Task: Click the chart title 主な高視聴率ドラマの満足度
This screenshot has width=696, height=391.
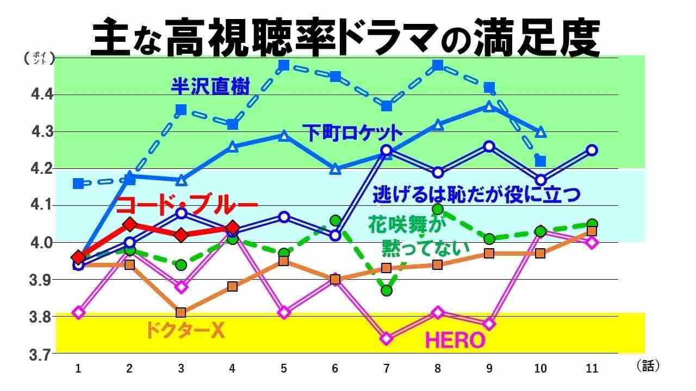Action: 346,38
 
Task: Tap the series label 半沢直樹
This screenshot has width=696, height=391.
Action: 210,86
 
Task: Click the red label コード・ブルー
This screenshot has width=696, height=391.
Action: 187,205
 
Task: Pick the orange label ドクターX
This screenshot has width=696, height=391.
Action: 185,330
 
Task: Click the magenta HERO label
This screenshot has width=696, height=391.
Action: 455,340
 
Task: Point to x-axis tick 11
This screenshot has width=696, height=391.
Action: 592,369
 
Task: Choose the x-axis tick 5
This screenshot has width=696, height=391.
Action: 283,369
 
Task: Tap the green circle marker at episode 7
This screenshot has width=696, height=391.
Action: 387,291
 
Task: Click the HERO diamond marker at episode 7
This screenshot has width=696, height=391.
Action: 387,338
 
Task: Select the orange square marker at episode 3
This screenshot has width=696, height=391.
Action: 181,312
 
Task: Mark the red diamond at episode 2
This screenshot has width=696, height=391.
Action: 129,224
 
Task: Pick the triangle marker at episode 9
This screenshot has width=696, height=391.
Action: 489,107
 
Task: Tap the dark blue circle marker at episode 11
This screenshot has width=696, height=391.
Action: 592,150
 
